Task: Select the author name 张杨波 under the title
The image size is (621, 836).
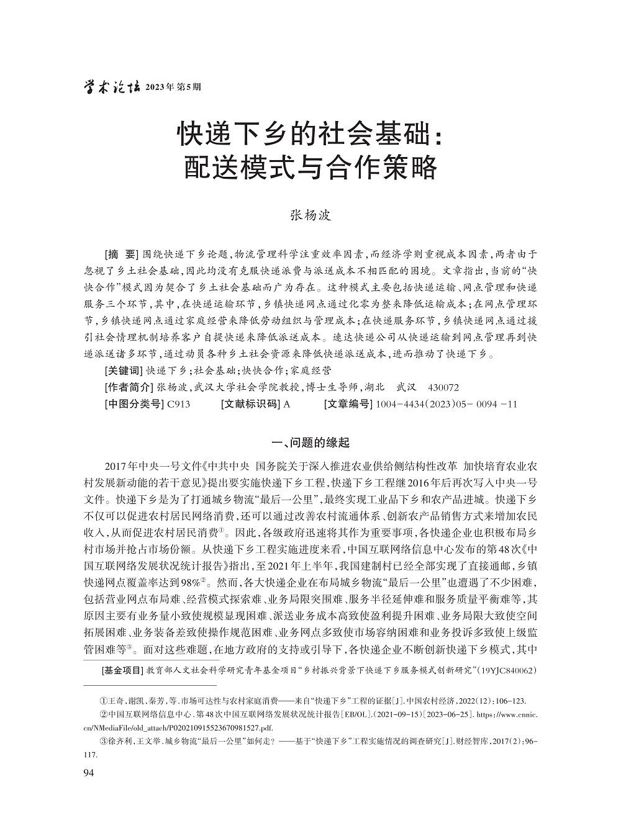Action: click(x=311, y=215)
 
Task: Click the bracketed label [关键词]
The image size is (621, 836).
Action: click(x=124, y=371)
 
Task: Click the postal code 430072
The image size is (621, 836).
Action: click(x=443, y=387)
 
